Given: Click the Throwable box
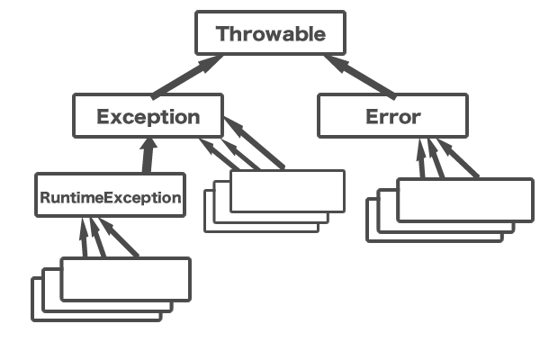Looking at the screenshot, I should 270,34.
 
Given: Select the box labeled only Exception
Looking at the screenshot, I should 148,116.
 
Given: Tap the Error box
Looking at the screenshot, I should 392,116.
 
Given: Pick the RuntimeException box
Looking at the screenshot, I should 110,195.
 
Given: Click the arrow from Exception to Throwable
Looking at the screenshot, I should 188,76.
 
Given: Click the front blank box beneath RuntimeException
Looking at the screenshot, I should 126,278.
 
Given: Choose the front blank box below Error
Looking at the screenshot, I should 464,200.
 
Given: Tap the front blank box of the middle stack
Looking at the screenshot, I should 288,191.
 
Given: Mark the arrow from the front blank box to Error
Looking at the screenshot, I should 460,159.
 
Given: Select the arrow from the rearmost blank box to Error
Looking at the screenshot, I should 420,159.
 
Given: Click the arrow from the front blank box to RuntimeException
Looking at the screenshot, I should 121,238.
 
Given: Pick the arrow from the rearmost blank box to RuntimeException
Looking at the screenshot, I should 84,238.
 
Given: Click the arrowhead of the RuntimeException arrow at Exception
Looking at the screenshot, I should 148,144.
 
